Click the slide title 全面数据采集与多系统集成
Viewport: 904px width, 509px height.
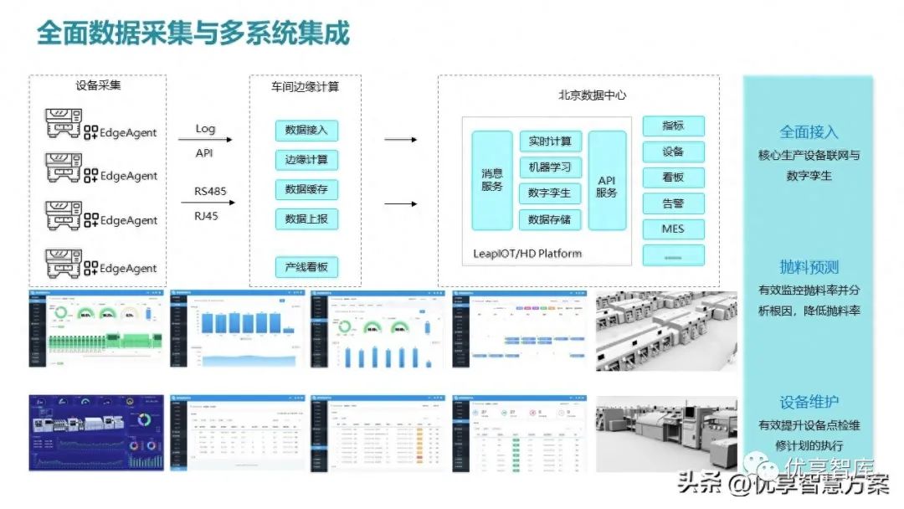click(193, 33)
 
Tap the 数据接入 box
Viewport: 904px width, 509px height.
click(306, 130)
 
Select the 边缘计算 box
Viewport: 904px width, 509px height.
click(306, 160)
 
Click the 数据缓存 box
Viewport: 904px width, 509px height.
click(306, 189)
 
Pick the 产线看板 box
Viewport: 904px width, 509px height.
click(306, 268)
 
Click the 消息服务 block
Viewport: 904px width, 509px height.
click(492, 180)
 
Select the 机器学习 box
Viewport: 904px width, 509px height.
click(550, 167)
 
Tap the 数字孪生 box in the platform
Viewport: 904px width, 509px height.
click(550, 193)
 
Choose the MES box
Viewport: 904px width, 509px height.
click(673, 229)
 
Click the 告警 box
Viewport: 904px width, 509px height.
click(673, 203)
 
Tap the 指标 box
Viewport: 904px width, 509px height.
click(673, 126)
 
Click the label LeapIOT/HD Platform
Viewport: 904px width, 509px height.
click(527, 253)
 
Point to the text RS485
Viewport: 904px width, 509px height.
click(210, 191)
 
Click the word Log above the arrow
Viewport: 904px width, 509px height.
click(205, 129)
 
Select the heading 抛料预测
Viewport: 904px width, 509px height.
click(809, 267)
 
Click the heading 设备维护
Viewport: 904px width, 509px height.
click(809, 402)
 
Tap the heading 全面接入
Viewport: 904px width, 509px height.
click(809, 132)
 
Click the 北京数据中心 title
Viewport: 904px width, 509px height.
click(593, 95)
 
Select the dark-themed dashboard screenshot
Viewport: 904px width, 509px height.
click(95, 433)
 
